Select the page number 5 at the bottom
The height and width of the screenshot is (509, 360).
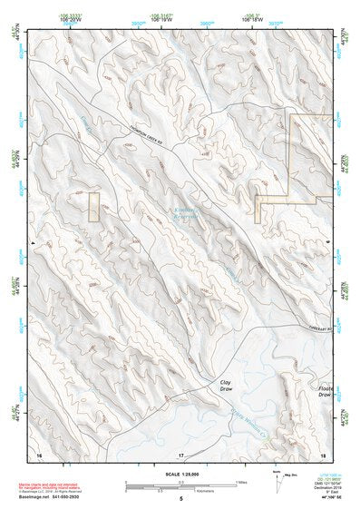pos(180,499)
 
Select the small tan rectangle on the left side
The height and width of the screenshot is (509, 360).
pos(93,206)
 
